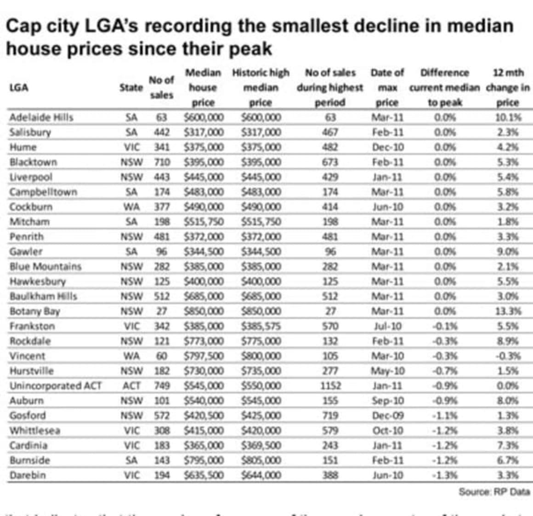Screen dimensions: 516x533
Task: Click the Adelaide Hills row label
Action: point(41,117)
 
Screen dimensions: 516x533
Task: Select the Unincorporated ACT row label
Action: point(56,386)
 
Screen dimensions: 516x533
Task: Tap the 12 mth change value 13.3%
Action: point(508,311)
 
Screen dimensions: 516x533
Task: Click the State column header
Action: point(131,87)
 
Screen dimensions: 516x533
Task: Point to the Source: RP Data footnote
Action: point(494,492)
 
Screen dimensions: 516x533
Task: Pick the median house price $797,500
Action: point(204,356)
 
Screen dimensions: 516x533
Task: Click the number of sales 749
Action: point(162,386)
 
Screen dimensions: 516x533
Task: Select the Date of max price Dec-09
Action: point(387,416)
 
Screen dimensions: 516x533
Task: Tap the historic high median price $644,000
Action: point(261,475)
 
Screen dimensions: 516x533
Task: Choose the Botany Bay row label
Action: point(35,311)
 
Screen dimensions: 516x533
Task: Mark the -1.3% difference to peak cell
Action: point(444,475)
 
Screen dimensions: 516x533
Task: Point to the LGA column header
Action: point(19,87)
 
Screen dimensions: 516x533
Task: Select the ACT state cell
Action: point(131,386)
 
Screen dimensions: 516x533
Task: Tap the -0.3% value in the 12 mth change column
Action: point(508,356)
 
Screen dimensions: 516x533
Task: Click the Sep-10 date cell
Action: point(387,401)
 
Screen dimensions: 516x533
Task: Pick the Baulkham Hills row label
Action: point(43,296)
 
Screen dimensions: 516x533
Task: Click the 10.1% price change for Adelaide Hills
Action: point(508,117)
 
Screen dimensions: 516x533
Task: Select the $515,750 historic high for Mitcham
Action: point(261,222)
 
